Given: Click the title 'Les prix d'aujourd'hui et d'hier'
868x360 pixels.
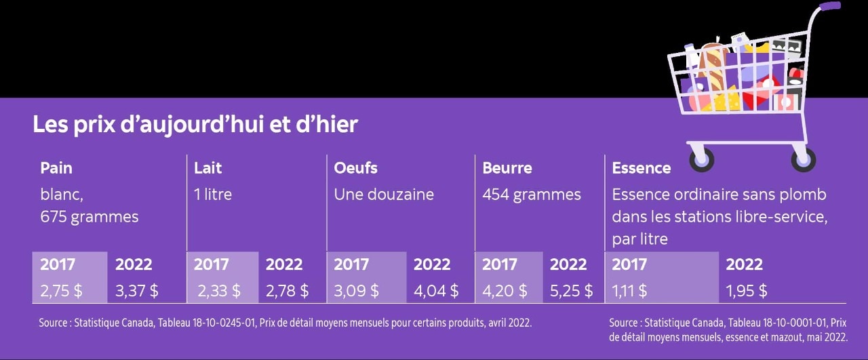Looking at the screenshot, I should (195, 125).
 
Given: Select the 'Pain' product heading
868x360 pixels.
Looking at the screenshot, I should (56, 168).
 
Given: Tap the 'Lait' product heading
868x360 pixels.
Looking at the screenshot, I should (208, 168).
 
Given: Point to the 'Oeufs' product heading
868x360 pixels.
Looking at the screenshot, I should (355, 168).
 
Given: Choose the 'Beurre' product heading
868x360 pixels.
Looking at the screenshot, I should (507, 168).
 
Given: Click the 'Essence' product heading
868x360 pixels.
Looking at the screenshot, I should (641, 168).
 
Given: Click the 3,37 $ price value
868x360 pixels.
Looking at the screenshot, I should (137, 291).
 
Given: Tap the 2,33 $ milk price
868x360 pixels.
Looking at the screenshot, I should (219, 291).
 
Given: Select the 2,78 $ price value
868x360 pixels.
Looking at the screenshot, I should (287, 291).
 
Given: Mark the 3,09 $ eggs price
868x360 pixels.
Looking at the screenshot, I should (356, 291).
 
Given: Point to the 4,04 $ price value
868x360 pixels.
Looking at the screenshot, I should (436, 291).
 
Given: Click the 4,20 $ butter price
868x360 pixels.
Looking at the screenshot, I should (505, 291).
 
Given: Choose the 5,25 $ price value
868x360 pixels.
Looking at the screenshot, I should (571, 291).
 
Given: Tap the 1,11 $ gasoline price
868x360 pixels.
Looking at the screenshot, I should (629, 291).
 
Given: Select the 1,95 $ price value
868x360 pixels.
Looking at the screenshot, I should (747, 291).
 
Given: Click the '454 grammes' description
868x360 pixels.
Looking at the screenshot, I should (532, 195).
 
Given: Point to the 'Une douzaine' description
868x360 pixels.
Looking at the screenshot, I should (384, 195).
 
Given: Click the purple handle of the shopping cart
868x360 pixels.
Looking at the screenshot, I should (829, 6).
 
